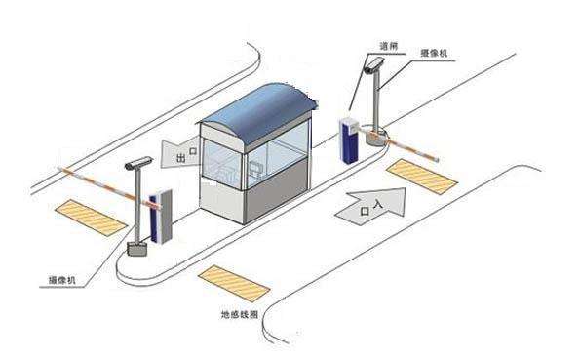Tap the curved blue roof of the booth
click(259, 105)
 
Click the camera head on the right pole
click(371, 66)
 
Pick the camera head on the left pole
click(138, 163)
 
